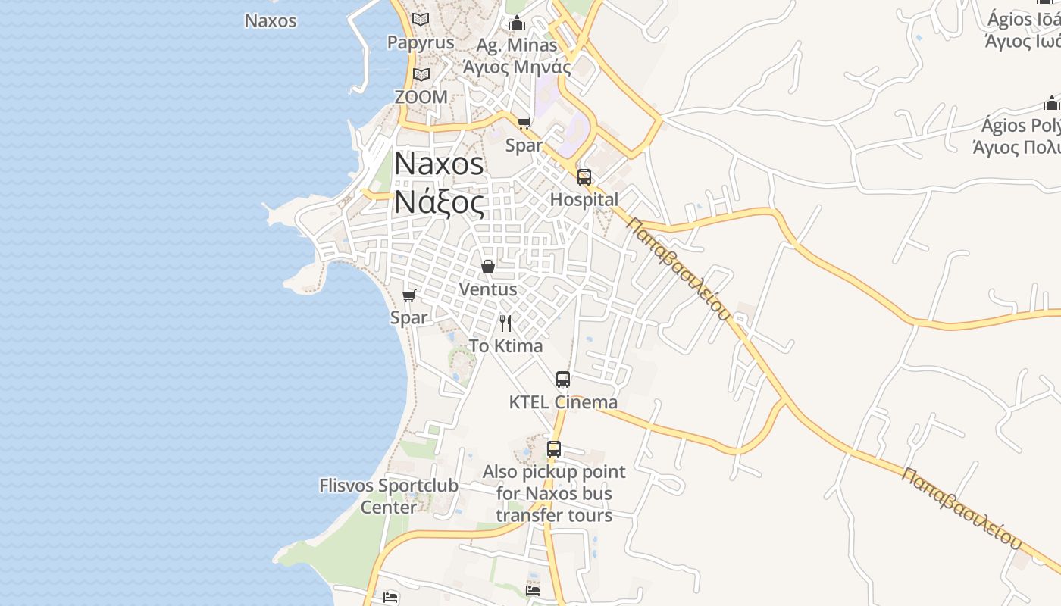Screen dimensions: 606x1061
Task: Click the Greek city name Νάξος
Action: (x=438, y=202)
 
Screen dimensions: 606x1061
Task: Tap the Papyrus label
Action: (x=421, y=42)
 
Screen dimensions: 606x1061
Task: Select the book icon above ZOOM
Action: (x=421, y=74)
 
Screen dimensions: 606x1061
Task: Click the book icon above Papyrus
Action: (x=421, y=19)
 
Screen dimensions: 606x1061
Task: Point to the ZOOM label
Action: (x=421, y=97)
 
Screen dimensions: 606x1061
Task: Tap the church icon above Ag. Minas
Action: (x=518, y=23)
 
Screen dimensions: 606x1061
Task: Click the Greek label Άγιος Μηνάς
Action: (x=517, y=67)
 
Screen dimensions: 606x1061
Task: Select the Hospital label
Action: (x=584, y=199)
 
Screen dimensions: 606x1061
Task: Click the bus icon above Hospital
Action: (x=584, y=177)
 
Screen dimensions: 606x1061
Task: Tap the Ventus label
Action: (x=488, y=289)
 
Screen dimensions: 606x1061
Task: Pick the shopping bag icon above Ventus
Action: (x=488, y=267)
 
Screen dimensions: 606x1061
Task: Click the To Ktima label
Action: (x=505, y=346)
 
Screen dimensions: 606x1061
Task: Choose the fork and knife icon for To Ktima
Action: (x=505, y=323)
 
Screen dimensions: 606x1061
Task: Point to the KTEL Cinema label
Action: (x=563, y=402)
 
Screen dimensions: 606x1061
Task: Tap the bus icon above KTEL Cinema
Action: (x=563, y=380)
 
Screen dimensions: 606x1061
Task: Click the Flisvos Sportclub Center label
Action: (x=389, y=495)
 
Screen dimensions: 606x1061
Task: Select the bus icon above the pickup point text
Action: (x=554, y=448)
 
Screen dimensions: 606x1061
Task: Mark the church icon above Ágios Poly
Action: (x=1051, y=103)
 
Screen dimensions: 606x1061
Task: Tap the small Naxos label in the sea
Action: (x=271, y=20)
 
